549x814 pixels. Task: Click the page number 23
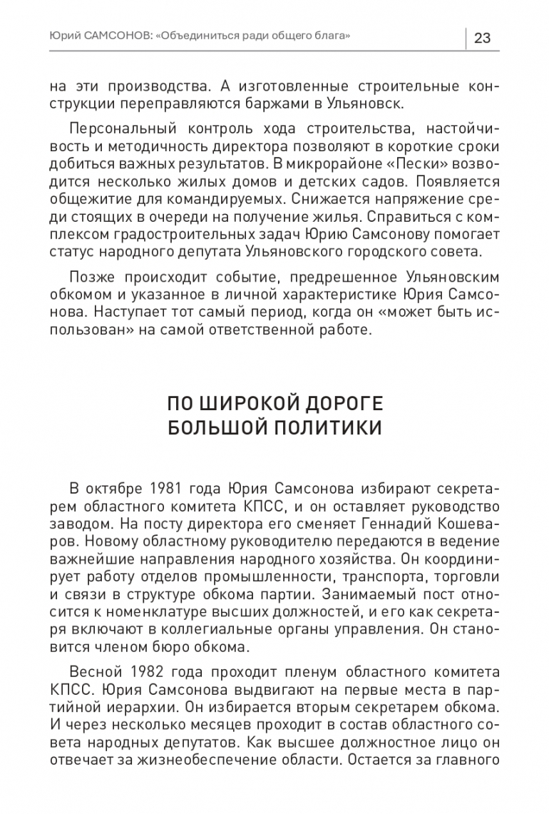click(481, 38)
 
